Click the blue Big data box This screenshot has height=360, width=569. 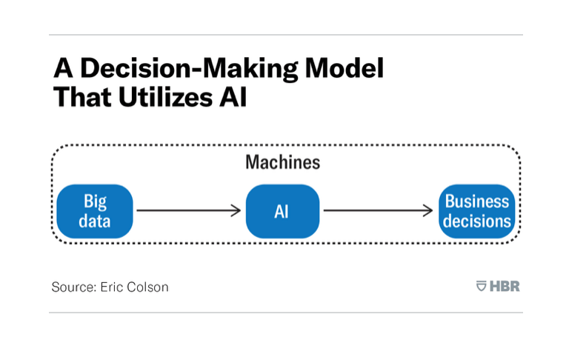coord(95,211)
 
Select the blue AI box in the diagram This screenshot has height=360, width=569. coord(283,211)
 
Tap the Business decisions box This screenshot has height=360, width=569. coord(477,211)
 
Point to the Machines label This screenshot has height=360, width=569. coord(283,162)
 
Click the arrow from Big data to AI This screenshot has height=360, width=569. coord(189,210)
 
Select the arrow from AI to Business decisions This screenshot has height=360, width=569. coord(378,210)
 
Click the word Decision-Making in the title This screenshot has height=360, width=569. coord(189,68)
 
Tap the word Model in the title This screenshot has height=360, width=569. coord(345,67)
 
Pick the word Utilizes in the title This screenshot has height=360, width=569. coord(165,97)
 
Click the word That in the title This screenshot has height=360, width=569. coord(82,97)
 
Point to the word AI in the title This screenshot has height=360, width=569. coord(233,97)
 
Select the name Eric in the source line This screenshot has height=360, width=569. coord(111,287)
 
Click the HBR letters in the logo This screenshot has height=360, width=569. coord(505,287)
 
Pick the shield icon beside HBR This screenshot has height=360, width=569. coord(481,286)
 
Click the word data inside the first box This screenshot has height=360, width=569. coord(95,221)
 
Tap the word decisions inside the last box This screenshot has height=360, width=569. coord(477,221)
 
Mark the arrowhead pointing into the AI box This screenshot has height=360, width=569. coord(236,210)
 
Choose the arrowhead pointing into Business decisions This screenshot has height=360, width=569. coord(428,210)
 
